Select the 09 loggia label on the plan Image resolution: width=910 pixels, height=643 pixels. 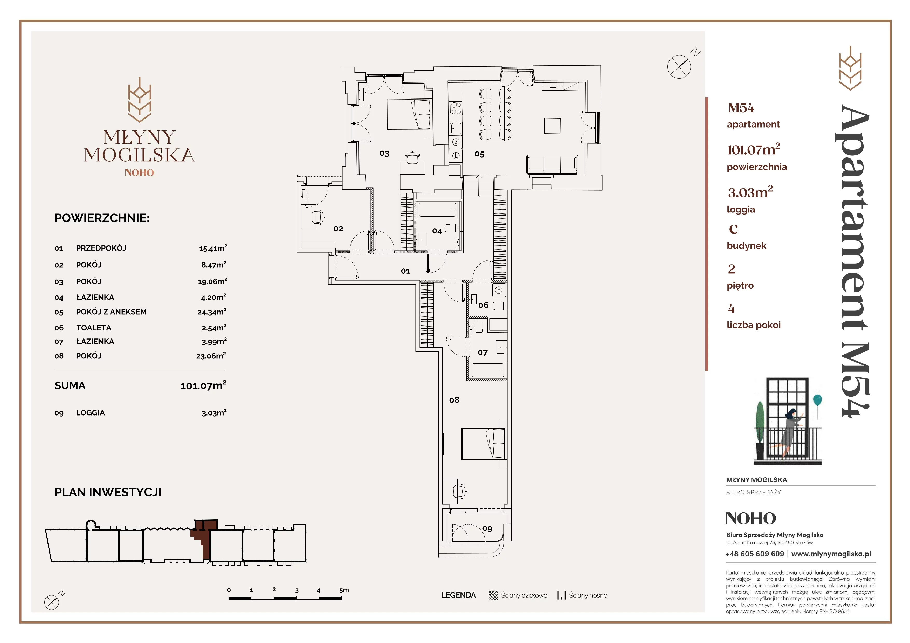(x=487, y=529)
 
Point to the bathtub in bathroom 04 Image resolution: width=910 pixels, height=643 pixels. (x=438, y=210)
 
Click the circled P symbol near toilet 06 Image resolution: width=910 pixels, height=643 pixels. (x=499, y=290)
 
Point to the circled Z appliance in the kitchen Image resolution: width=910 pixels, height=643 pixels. (x=456, y=142)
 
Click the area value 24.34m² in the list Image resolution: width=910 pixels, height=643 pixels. (x=212, y=312)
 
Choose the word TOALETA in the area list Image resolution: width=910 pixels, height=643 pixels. (x=94, y=328)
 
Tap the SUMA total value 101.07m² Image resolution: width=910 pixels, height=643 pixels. (x=203, y=385)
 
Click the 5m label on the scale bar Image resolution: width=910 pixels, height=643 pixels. (x=344, y=590)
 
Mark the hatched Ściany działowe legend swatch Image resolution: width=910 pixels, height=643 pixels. (x=493, y=595)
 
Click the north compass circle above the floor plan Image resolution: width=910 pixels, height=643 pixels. (x=679, y=67)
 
